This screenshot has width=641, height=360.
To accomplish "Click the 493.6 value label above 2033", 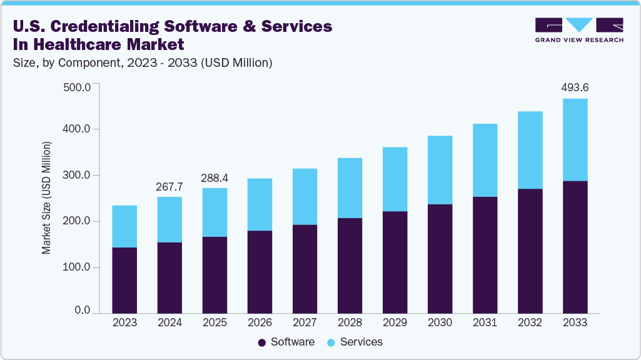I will coord(575,88).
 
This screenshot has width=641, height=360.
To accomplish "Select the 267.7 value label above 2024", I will coord(169,186).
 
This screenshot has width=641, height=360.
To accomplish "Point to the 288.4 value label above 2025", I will coord(215,178).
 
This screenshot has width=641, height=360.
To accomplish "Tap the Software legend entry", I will coord(286,342).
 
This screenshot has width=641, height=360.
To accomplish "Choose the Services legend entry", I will coord(355,342).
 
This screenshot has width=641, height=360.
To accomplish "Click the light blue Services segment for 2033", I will coord(575,139).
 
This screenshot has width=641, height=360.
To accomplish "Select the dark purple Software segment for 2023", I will coord(124,280).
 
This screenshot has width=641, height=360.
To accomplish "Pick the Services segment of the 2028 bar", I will coord(350,187).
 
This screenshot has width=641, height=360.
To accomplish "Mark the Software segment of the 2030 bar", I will coord(440,258).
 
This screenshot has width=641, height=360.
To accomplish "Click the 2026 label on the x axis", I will coord(260,323).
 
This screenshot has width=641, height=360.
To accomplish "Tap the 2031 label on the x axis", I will coord(485,323).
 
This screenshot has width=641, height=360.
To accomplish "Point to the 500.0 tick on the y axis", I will coord(78,86).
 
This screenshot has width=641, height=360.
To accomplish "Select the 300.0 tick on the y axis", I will coord(78,176).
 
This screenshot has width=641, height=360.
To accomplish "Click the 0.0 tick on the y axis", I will coord(83,311).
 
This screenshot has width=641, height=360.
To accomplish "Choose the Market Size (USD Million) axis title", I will coord(46,198).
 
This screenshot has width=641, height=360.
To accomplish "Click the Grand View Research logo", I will coord(579,29).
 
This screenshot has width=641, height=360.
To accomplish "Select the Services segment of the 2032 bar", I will coord(530,150).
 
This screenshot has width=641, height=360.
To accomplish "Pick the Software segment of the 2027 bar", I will coord(305,269).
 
